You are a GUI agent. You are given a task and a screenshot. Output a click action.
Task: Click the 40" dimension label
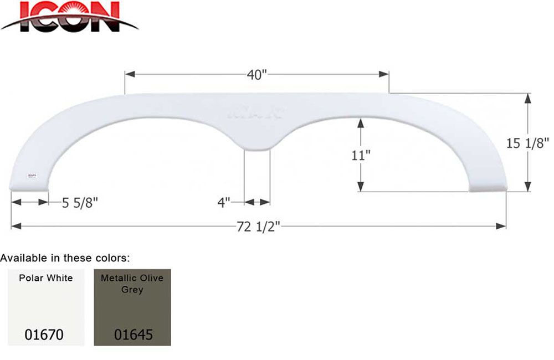coord(257,75)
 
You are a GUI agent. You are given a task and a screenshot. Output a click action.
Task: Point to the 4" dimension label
coord(224,203)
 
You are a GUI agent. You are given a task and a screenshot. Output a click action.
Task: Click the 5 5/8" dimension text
coord(80,203)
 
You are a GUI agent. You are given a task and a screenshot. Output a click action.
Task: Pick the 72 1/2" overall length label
coord(258,227)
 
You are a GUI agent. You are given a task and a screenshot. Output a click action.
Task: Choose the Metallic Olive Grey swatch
coord(132,307)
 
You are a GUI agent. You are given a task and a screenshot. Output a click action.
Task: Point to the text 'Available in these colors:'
coord(65,258)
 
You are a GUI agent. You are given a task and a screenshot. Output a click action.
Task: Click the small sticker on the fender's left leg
coord(31,176)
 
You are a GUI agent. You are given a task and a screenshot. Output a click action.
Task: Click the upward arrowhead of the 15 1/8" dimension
coord(527,97)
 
